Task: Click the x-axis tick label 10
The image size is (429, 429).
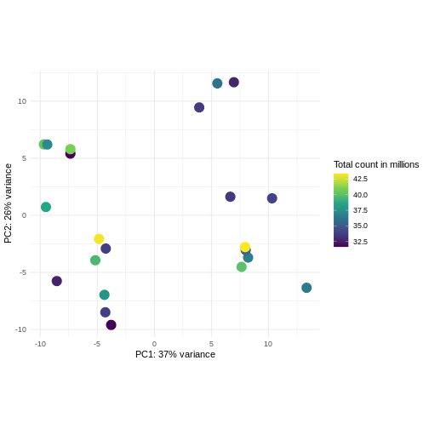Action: point(268,344)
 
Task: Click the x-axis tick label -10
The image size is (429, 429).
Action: point(40,344)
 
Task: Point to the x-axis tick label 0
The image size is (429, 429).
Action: point(154,344)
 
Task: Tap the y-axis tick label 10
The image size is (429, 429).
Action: point(22,101)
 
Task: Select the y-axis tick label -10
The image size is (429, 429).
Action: point(20,329)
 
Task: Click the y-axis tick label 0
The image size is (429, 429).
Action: point(24,215)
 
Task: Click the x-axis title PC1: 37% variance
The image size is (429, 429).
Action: point(175,354)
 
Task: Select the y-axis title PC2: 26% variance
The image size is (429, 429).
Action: point(9,204)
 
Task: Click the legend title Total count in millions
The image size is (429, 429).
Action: point(376,164)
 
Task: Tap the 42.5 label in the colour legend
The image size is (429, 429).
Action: point(360,179)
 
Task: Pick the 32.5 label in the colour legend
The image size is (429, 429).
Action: point(360,242)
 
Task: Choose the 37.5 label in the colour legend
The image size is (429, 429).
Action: point(360,210)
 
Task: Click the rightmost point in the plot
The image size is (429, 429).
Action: point(306,288)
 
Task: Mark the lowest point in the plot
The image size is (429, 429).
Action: point(111,325)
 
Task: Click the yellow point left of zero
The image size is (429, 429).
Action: point(99,239)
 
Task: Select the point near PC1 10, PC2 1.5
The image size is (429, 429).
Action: point(272,198)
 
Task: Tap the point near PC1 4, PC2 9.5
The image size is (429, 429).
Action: point(199,107)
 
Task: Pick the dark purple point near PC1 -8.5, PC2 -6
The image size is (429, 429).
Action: point(57,281)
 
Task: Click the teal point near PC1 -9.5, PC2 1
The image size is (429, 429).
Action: point(46,207)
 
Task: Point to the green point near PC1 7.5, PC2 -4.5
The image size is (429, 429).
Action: point(242,267)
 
